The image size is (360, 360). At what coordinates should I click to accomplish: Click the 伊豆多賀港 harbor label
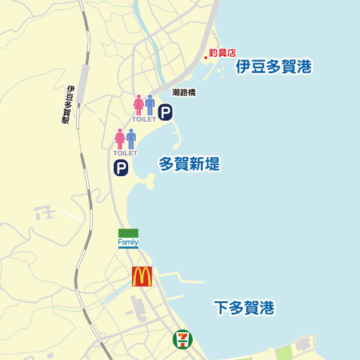pos(274,68)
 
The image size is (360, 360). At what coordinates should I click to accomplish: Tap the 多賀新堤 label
pos(189,164)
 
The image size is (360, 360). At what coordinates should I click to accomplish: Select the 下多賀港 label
pos(244,308)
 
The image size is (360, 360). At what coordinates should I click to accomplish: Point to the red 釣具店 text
pos(222,54)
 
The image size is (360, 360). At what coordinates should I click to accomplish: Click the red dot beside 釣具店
pos(206,58)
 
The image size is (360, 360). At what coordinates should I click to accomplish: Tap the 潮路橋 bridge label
pos(184,93)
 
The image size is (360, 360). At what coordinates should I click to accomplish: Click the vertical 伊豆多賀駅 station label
pos(68,105)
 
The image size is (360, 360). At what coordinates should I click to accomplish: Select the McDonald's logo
pos(142,277)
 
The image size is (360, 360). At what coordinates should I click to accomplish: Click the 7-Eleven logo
pos(183,340)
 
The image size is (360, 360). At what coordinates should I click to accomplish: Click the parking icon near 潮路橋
pos(165,113)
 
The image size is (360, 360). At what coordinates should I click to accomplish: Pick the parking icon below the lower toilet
pos(121,168)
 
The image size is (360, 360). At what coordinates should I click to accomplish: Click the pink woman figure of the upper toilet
pos(138,105)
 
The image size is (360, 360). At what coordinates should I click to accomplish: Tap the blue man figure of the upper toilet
pos(150,105)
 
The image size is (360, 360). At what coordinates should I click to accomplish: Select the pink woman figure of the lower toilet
pos(119,138)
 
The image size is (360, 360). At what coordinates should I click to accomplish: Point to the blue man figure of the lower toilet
pos(131,138)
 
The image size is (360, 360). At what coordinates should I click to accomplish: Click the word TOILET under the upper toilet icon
pos(143,119)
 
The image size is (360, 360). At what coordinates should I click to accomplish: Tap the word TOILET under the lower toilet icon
pos(124,153)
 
